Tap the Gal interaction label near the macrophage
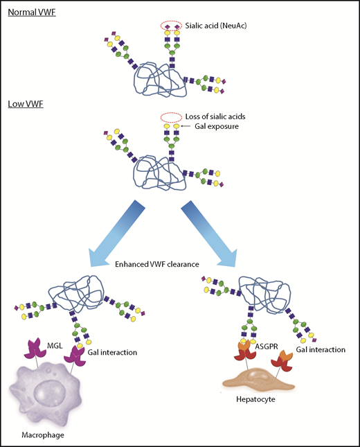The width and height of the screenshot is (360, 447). pyautogui.click(x=113, y=353)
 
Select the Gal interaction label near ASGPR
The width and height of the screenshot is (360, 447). pyautogui.click(x=320, y=350)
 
